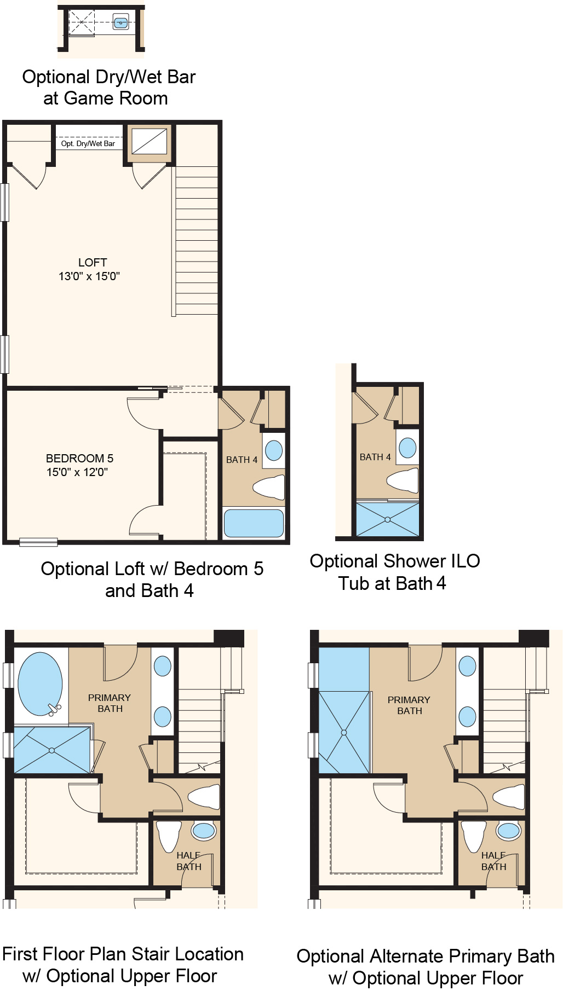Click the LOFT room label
click(x=93, y=263)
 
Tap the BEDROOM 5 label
click(x=79, y=459)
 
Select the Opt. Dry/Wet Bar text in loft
click(x=88, y=144)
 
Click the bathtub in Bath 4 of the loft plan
click(x=254, y=523)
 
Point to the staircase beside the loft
click(x=197, y=241)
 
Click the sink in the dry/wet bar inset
click(x=120, y=22)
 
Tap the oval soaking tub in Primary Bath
click(x=40, y=683)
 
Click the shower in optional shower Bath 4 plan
click(x=387, y=519)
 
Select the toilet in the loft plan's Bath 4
click(x=270, y=486)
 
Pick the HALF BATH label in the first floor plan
click(x=189, y=861)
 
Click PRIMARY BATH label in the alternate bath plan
click(x=409, y=705)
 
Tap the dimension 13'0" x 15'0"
click(x=89, y=276)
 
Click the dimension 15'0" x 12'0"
click(x=77, y=472)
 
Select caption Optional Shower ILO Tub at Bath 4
click(x=394, y=572)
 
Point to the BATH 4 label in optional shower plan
click(x=375, y=457)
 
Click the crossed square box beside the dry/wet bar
click(x=149, y=142)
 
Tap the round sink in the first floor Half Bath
click(x=204, y=831)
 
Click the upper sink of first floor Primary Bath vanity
click(x=163, y=666)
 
